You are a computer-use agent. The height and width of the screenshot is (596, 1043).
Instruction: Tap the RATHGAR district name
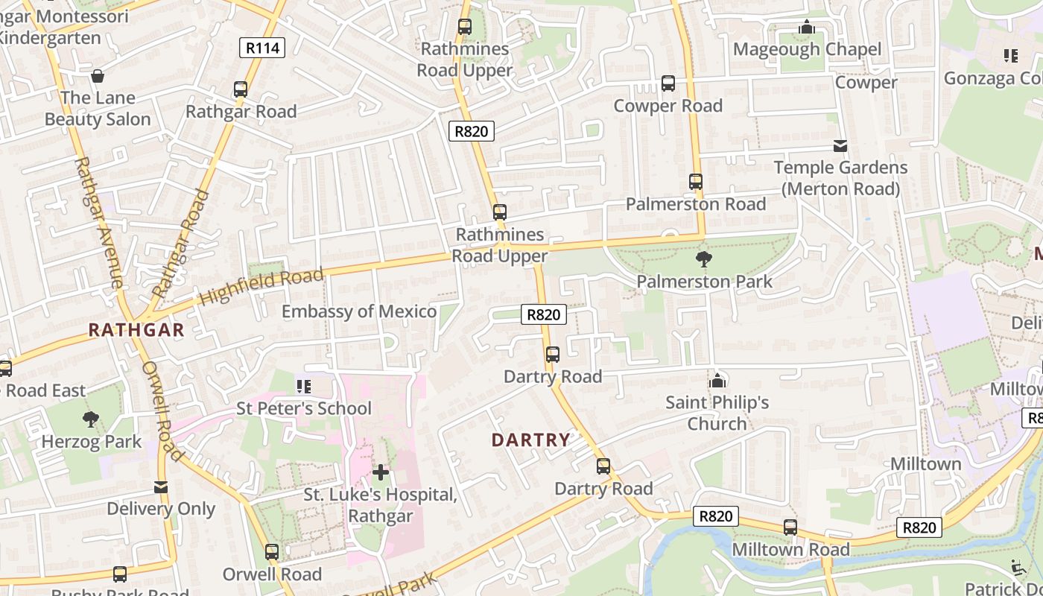pyautogui.click(x=136, y=331)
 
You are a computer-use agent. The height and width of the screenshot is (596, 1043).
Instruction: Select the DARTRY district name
pyautogui.click(x=531, y=440)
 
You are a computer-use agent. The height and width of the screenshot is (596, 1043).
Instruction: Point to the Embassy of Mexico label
pyautogui.click(x=358, y=311)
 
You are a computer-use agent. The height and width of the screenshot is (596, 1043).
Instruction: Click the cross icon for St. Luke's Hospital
pyautogui.click(x=381, y=472)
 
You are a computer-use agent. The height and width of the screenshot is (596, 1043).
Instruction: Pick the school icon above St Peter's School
pyautogui.click(x=303, y=386)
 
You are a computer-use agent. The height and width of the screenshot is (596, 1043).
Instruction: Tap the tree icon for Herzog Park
pyautogui.click(x=91, y=419)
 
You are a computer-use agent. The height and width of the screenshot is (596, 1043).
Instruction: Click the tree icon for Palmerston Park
pyautogui.click(x=703, y=259)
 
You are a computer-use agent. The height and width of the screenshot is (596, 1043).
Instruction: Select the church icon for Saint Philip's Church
pyautogui.click(x=717, y=381)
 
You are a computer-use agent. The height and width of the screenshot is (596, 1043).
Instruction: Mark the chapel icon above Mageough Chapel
pyautogui.click(x=807, y=28)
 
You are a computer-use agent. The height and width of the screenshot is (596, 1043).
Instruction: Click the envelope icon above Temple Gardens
pyautogui.click(x=840, y=145)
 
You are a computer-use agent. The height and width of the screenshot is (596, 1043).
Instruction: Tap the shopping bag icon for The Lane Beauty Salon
pyautogui.click(x=98, y=76)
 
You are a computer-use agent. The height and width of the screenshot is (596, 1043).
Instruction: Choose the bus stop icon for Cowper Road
pyautogui.click(x=668, y=83)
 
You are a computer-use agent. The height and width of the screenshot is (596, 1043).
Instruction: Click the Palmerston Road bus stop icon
pyautogui.click(x=696, y=182)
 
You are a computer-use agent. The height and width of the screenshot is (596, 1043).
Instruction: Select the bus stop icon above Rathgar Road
pyautogui.click(x=241, y=89)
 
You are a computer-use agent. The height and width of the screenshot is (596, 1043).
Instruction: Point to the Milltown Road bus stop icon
pyautogui.click(x=790, y=527)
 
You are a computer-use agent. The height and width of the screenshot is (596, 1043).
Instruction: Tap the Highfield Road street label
pyautogui.click(x=261, y=288)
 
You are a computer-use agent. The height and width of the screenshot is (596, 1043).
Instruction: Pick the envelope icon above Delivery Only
pyautogui.click(x=161, y=487)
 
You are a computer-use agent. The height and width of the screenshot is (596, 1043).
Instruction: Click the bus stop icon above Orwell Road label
pyautogui.click(x=272, y=552)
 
